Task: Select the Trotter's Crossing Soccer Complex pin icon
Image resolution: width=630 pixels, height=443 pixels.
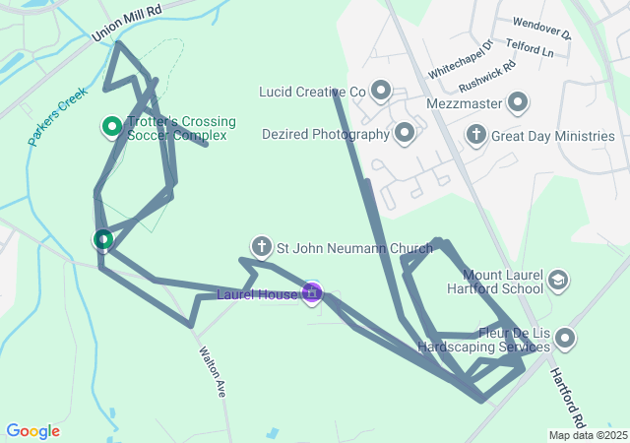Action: pos(112,127)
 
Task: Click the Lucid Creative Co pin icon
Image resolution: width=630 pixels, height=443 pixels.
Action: pos(380,93)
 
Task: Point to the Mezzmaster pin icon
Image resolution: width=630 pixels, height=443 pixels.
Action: pos(517,101)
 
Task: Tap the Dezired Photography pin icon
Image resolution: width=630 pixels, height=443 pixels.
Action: pos(404,133)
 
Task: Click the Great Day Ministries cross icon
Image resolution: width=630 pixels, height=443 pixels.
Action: pos(476,134)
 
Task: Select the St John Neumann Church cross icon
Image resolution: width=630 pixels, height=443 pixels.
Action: pos(262,246)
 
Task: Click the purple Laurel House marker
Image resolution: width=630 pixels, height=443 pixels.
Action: pos(312,292)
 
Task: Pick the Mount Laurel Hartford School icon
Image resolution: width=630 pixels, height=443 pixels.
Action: pos(558,282)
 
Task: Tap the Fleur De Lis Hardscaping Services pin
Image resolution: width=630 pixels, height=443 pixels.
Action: pos(565,339)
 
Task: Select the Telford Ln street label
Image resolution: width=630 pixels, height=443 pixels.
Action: pos(530,46)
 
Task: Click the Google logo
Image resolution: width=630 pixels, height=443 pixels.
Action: pos(32,431)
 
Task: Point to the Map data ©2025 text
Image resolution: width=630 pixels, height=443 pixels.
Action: pos(588,435)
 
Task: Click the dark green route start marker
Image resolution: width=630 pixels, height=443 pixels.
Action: pos(103,239)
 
